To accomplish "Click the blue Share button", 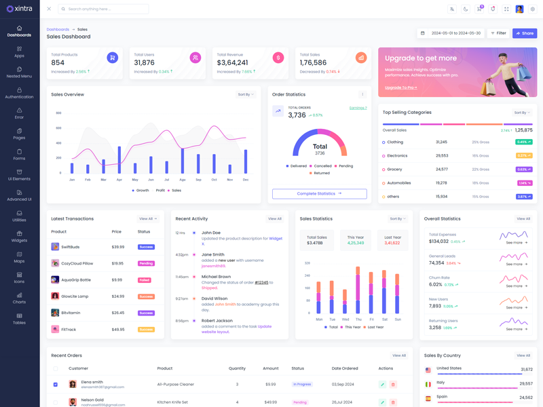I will pos(524,33).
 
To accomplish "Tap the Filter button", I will pos(499,33).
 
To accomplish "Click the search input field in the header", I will pos(105,9).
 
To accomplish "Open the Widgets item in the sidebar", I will pos(19,236).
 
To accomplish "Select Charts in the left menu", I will pos(19,298).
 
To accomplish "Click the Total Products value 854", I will pos(58,62).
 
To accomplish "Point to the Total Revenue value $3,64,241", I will pos(231,62).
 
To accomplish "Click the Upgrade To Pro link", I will pos(400,88).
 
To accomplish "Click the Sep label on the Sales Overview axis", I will pos(198,180).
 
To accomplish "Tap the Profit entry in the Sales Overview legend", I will pos(160,191).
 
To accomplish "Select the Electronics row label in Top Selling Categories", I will pos(397,156).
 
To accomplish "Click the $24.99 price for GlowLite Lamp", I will pos(118,296).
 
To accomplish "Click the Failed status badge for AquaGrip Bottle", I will pos(145,280).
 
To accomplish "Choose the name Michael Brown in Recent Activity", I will pos(216,277).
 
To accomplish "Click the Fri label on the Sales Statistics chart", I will pos(372,319).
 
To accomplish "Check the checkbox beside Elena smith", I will pos(56,385).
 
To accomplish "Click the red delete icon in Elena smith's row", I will pos(393,385).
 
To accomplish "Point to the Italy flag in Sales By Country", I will pos(428,384).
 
